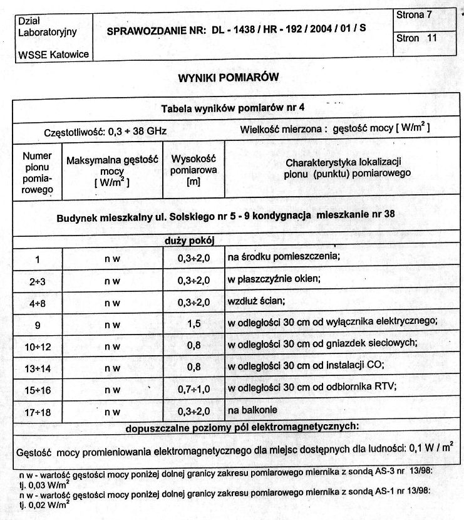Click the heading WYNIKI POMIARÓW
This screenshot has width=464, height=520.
pyautogui.click(x=227, y=78)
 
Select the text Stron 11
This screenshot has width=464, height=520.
pyautogui.click(x=416, y=38)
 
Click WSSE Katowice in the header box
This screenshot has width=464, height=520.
pyautogui.click(x=53, y=55)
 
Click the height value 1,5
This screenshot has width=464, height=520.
pyautogui.click(x=193, y=323)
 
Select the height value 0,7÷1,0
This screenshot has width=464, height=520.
pyautogui.click(x=193, y=390)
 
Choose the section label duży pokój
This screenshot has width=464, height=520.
pyautogui.click(x=192, y=239)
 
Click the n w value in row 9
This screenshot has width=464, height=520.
pyautogui.click(x=112, y=323)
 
